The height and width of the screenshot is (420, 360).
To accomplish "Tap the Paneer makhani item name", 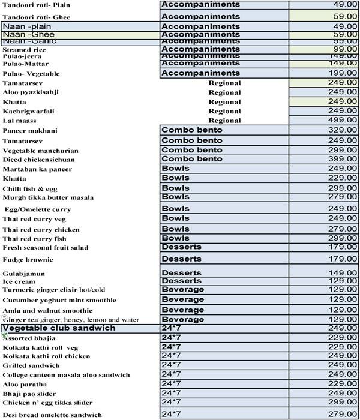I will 30,131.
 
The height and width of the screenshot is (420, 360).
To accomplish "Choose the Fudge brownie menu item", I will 28,260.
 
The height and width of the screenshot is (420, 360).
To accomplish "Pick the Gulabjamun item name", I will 25,274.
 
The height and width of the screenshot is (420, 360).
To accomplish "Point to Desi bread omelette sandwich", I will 52,415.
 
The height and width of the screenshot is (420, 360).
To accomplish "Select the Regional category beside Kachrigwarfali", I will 224,111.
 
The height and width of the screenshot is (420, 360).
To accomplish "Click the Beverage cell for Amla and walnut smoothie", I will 183,310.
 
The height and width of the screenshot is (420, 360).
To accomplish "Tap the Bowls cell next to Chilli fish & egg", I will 176,188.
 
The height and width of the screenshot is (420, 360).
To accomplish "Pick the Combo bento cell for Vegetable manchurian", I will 192,150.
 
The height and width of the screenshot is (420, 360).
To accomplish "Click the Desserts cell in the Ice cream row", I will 181,281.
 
